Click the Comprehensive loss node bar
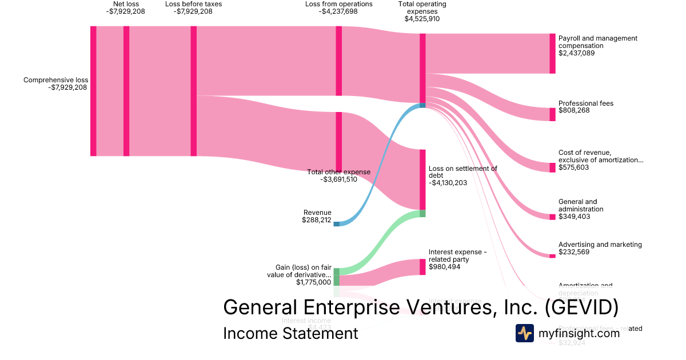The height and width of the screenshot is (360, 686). [93, 91]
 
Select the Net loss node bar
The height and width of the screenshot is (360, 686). [126, 91]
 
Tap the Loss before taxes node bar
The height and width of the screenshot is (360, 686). [194, 91]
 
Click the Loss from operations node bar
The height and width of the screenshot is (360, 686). [339, 61]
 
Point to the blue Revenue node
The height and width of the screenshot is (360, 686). [336, 224]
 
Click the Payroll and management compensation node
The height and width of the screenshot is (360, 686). [552, 54]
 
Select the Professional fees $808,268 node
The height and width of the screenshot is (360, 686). [552, 114]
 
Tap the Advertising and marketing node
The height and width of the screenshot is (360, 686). [552, 256]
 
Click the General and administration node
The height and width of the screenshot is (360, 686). [552, 217]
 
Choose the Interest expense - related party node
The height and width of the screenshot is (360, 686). [423, 267]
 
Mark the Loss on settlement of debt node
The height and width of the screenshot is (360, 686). [423, 179]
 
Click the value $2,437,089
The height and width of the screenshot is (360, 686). [577, 53]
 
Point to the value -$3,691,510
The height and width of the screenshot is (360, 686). [339, 179]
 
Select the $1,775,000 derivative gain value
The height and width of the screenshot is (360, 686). [313, 282]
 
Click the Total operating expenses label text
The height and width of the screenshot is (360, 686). [422, 8]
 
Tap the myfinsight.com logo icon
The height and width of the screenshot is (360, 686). [524, 333]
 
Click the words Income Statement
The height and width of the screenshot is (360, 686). [290, 333]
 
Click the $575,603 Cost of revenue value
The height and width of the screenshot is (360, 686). [574, 168]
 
